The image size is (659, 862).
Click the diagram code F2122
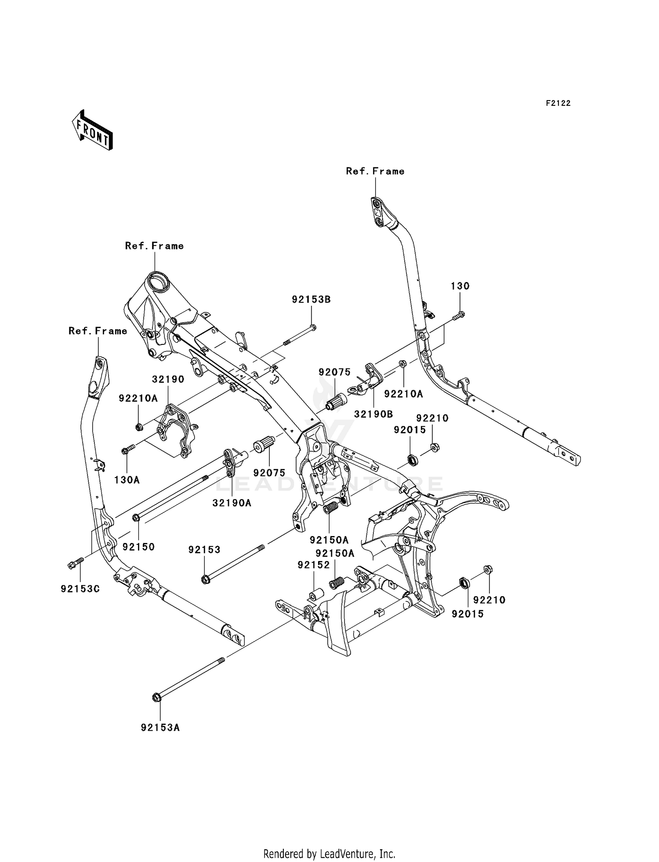coord(558,103)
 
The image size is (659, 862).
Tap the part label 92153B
coord(311,300)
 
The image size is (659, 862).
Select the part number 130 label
coord(460,286)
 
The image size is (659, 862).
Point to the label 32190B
coord(373,414)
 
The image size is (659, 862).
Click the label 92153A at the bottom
coord(160,728)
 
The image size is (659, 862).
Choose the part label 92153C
coord(80,589)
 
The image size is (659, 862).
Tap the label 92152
coord(313,565)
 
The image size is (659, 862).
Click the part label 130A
coord(127,480)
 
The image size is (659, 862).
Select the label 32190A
coord(232,503)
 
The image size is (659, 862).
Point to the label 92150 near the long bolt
coord(138,547)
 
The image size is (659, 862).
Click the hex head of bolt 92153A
coord(156,697)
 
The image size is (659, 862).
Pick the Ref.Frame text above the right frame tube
coord(375,171)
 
